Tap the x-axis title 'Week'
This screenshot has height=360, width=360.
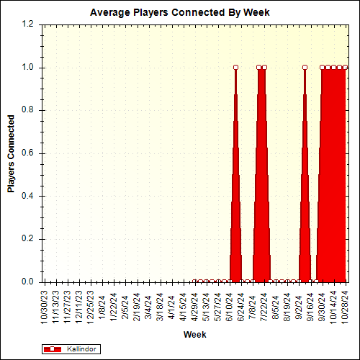(194, 335)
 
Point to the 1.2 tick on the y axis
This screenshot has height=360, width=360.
(27, 24)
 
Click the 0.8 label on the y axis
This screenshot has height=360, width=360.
(27, 110)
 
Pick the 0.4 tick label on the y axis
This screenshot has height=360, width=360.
(27, 197)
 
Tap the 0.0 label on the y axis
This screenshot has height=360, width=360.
(27, 282)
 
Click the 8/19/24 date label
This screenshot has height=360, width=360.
(288, 306)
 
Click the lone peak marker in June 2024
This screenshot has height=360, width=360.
(235, 68)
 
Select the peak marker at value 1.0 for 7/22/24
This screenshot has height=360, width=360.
(264, 68)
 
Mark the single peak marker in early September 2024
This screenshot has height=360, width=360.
(305, 68)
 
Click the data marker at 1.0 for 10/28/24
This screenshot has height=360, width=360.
(345, 68)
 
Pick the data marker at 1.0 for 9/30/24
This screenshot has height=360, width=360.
(322, 68)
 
